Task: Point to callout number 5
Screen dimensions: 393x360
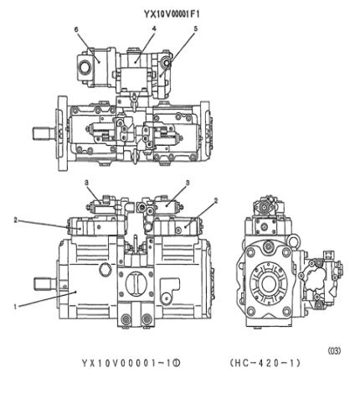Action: (x=195, y=29)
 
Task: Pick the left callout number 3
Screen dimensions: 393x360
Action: (x=87, y=182)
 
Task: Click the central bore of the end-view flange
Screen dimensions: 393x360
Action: (x=269, y=282)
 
